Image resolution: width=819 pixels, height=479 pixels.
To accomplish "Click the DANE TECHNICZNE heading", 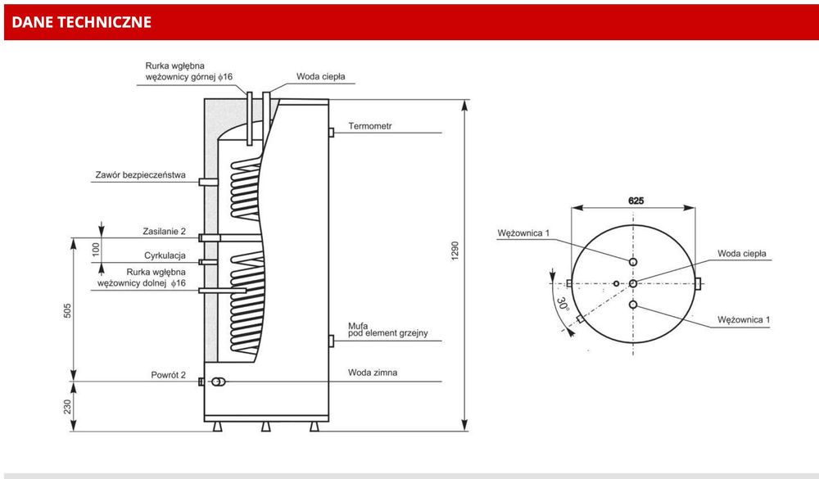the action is [x=81, y=22].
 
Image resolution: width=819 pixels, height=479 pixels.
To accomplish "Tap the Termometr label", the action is [x=370, y=126].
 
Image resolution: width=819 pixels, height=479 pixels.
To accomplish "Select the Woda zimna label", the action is [x=373, y=373].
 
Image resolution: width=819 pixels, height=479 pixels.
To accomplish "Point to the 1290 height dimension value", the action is [x=455, y=251].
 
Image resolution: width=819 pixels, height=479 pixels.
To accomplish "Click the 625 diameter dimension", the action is [x=636, y=201].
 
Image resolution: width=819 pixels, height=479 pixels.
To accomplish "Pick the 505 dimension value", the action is [x=67, y=311].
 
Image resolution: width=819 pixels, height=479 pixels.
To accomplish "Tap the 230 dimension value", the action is [x=67, y=407].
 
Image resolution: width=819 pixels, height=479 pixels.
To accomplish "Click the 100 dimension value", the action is [x=96, y=249].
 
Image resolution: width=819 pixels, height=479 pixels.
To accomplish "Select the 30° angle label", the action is [x=562, y=304].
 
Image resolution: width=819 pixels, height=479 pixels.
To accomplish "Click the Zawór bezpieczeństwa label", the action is [x=140, y=175].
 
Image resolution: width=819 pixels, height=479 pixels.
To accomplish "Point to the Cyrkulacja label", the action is [x=165, y=255].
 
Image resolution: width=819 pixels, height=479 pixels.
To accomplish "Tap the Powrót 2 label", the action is [x=168, y=374].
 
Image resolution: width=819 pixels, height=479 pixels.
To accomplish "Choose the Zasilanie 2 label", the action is [x=164, y=232].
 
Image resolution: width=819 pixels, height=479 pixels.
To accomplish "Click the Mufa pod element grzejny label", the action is [x=387, y=330].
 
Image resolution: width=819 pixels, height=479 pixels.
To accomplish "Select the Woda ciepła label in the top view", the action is [x=742, y=253].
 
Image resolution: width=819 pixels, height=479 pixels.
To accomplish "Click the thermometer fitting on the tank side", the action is [x=331, y=133].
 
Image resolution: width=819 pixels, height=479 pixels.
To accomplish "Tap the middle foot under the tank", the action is [x=266, y=427].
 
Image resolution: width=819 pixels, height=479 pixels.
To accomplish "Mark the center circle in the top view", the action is [x=633, y=283].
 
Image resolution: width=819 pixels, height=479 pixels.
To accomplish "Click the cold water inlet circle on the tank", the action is [x=218, y=382].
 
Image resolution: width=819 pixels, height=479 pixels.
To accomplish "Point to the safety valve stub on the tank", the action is [x=208, y=182].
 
